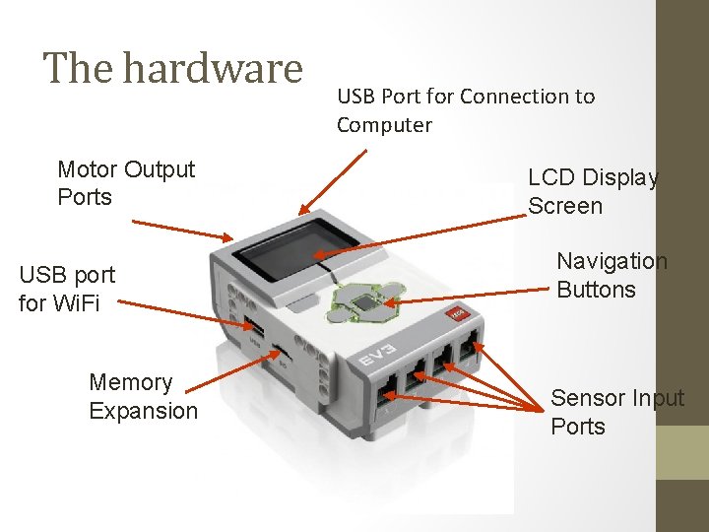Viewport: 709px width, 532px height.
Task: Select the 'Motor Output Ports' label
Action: (126, 183)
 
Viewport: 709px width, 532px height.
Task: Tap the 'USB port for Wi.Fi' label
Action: (67, 289)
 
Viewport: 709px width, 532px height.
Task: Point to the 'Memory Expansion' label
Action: (143, 396)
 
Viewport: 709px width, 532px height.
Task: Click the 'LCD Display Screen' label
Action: (593, 192)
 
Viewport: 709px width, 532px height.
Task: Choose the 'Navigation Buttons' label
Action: (612, 275)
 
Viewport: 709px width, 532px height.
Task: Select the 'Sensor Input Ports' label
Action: (616, 412)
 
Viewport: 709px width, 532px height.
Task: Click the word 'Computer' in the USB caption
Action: (384, 125)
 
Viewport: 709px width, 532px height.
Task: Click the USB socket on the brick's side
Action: (254, 328)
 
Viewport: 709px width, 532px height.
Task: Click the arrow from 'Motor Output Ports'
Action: (183, 230)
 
